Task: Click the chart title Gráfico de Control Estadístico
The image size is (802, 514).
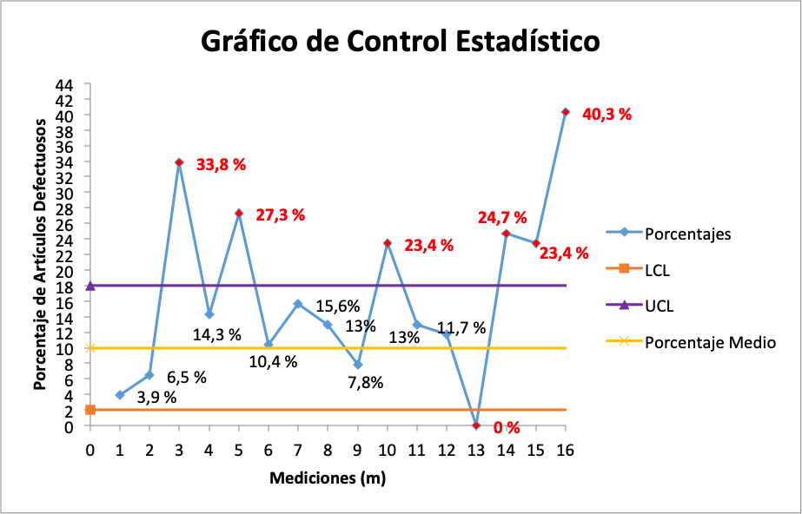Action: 400,41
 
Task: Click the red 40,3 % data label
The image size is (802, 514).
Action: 606,114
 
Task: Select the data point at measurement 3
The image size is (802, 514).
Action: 179,162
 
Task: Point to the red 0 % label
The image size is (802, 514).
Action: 507,427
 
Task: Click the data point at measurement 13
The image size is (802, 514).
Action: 476,425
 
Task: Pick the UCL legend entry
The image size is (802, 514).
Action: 658,306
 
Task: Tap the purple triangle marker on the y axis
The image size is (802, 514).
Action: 89,285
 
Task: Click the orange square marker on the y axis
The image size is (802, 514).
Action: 89,409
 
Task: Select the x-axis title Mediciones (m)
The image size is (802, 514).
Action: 328,478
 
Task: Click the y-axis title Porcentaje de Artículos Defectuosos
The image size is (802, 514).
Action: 40,254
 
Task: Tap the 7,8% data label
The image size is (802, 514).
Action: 364,383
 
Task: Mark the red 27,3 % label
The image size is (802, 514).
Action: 280,214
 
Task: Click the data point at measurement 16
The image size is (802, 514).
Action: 566,112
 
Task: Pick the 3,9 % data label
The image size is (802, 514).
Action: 157,397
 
